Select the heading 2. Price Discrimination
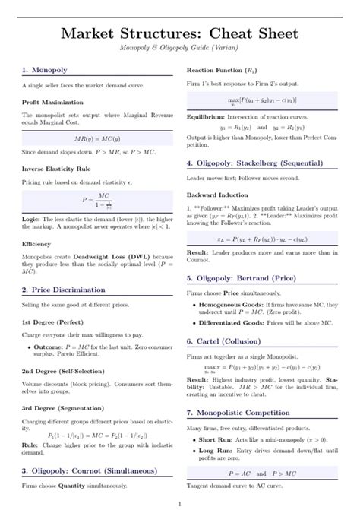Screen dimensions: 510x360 69,290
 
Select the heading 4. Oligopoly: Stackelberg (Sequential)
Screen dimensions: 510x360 263,163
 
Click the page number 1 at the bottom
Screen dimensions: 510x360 179,502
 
